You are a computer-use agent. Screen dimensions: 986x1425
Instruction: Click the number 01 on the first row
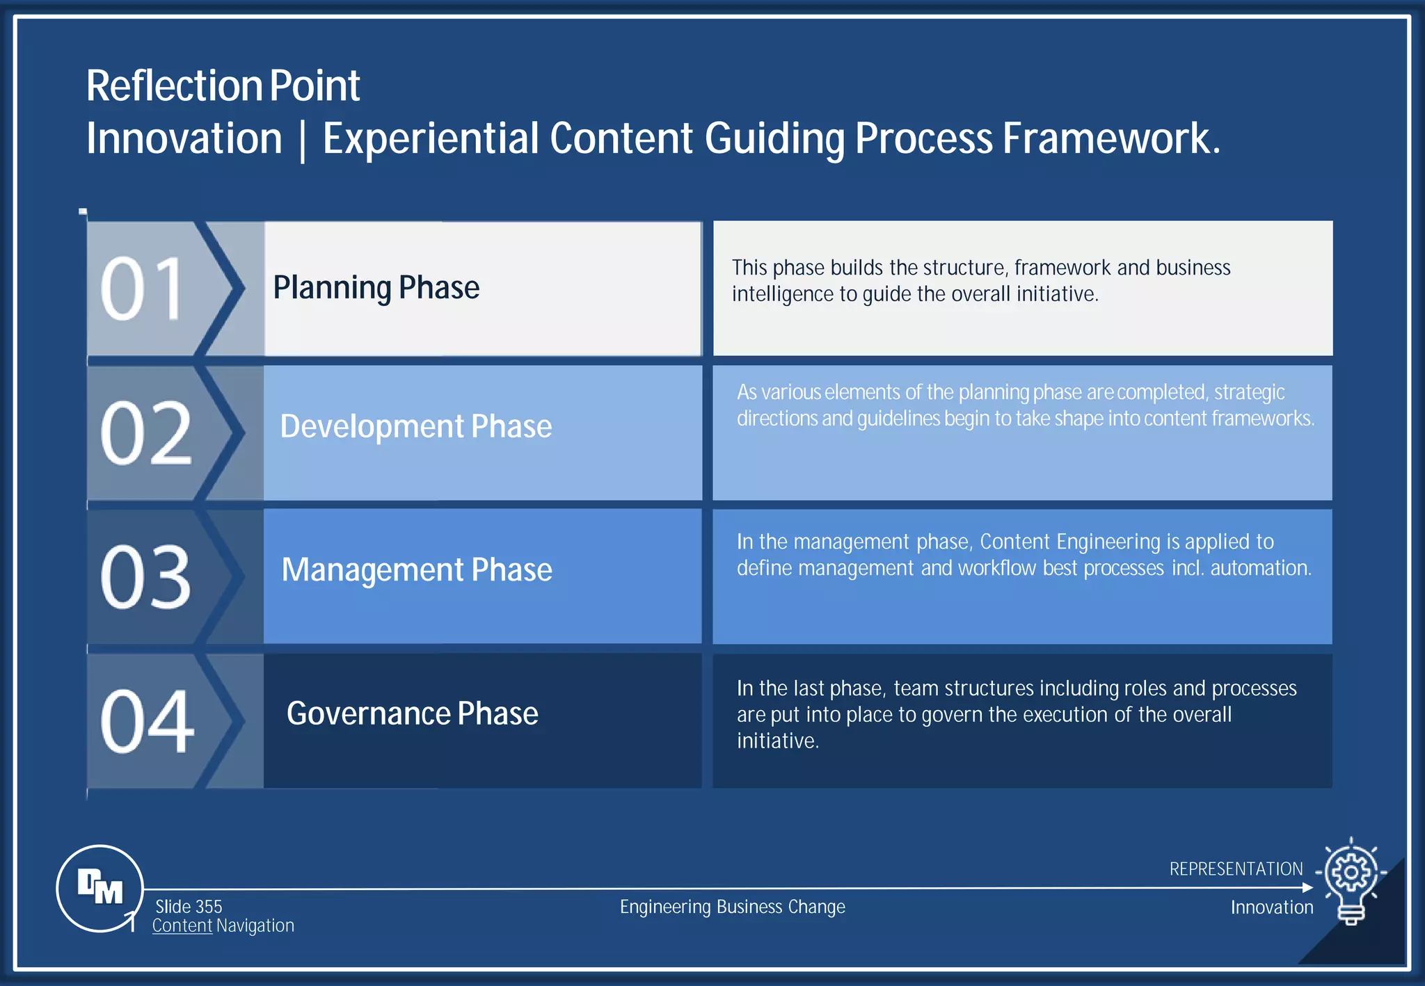coord(143,289)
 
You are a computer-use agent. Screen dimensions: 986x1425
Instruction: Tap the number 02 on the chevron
coord(145,433)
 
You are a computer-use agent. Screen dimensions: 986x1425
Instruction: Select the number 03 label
coord(145,577)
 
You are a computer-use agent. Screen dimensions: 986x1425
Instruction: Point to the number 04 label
coord(147,721)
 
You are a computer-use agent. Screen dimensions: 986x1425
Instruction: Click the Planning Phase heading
coord(376,288)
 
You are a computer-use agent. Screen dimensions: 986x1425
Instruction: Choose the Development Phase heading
coord(415,426)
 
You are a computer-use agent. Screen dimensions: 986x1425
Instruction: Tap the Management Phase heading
coord(416,570)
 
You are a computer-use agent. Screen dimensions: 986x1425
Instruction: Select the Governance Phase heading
coord(412,714)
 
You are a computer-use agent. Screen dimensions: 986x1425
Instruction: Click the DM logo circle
coord(100,888)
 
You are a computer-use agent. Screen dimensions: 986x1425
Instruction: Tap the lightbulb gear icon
coord(1351,878)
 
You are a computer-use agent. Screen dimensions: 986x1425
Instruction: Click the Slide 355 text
coord(189,907)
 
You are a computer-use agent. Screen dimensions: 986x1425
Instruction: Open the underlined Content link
coord(182,926)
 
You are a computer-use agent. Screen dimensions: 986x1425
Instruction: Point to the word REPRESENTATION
coord(1236,869)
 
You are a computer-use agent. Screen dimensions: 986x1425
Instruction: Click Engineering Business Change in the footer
coord(732,907)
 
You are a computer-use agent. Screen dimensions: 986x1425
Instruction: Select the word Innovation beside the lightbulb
coord(1271,907)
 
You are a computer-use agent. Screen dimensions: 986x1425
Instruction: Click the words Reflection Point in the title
coord(223,86)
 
